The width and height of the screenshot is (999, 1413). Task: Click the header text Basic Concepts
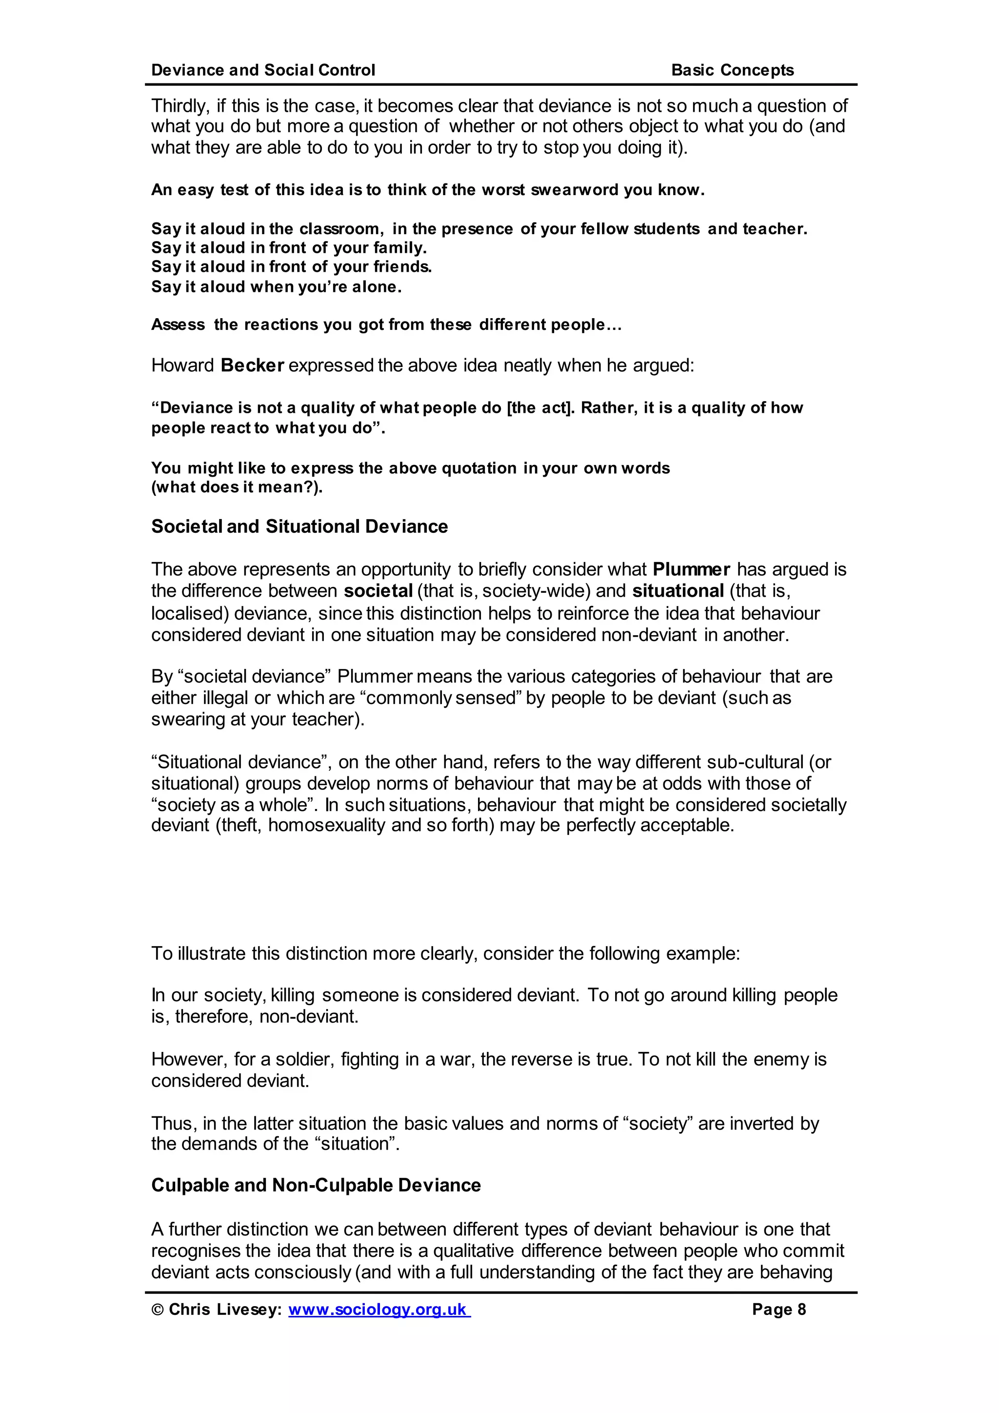tap(732, 70)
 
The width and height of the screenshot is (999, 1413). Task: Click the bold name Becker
tap(252, 365)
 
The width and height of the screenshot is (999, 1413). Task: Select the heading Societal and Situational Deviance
tap(300, 527)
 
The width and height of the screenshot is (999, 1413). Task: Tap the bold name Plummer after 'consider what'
tap(691, 569)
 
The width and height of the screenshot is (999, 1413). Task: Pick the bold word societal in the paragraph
tap(378, 591)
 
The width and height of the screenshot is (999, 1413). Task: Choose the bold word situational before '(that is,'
tap(678, 591)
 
